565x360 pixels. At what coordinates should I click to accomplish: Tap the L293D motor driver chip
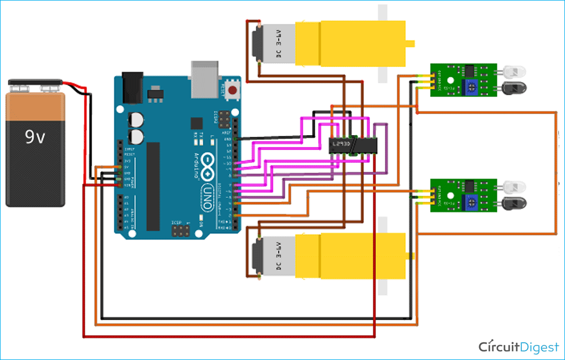(351, 145)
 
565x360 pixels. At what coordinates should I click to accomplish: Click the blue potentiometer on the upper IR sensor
(471, 85)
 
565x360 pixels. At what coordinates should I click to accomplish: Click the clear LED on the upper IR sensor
(513, 72)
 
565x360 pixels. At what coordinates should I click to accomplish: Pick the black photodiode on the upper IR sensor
(513, 87)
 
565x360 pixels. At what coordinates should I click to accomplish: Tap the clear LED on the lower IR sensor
(513, 188)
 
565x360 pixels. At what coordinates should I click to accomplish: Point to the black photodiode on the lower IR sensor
(513, 203)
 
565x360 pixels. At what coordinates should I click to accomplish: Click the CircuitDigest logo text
(518, 347)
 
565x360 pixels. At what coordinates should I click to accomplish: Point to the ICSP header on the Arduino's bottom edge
(180, 229)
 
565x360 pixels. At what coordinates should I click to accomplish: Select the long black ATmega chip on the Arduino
(153, 186)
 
